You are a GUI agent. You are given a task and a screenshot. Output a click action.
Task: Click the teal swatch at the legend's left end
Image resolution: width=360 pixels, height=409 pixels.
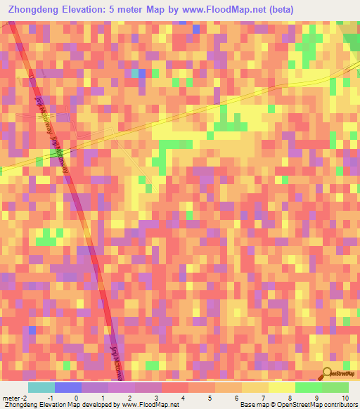41,388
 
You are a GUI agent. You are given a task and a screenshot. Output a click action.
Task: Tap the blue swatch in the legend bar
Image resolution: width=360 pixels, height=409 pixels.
68,388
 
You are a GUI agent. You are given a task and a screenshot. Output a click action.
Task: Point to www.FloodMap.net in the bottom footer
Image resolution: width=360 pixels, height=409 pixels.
150,404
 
